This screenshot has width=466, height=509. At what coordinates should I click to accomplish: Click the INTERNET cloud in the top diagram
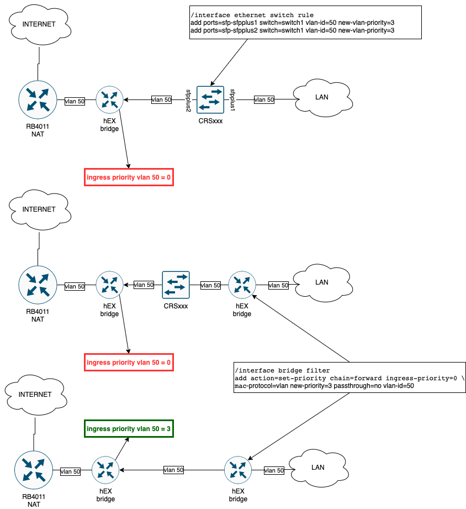(39, 24)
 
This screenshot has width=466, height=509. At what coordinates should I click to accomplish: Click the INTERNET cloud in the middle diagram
(39, 209)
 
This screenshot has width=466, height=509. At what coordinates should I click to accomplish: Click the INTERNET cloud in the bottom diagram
(35, 395)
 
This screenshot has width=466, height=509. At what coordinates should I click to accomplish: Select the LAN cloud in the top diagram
(322, 97)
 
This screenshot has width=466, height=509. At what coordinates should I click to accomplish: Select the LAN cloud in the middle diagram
(322, 282)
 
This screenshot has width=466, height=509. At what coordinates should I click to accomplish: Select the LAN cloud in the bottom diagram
(318, 468)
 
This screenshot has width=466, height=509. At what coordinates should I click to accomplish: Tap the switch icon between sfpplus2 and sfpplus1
(210, 100)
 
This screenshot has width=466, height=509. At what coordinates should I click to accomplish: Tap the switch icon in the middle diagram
(176, 285)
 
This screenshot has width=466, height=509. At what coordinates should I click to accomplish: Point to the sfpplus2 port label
(188, 101)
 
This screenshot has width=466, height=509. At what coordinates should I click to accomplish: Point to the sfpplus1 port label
(232, 100)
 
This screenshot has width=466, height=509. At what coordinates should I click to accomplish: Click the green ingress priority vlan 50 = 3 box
(129, 429)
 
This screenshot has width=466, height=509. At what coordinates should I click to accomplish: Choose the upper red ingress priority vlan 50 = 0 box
(129, 177)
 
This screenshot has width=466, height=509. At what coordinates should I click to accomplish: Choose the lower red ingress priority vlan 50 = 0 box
(129, 363)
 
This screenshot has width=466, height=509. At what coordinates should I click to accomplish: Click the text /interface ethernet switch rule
(252, 15)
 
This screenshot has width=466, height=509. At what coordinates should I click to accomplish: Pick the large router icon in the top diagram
(38, 100)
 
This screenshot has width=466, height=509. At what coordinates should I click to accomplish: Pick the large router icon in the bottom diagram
(34, 470)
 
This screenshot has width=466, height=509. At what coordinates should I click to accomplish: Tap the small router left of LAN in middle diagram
(242, 285)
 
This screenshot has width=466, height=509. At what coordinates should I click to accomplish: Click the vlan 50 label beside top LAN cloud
(264, 100)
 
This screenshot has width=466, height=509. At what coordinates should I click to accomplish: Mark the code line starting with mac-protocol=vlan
(324, 386)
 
